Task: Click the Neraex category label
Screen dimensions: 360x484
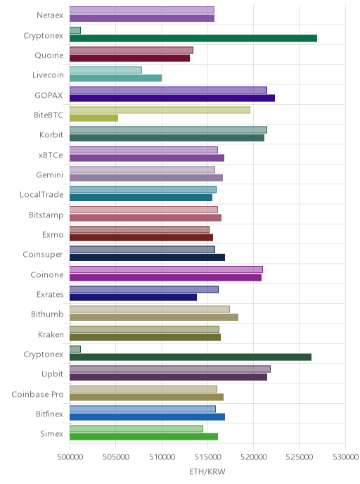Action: [50, 15]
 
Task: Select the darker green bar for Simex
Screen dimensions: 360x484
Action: [143, 436]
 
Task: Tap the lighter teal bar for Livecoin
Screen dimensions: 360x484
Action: [105, 70]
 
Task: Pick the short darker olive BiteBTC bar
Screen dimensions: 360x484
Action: [94, 118]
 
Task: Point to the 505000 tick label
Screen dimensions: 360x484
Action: [116, 457]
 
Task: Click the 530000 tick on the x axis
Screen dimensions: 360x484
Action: [345, 457]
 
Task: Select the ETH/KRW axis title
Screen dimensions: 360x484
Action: [207, 471]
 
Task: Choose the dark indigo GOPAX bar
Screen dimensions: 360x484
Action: [172, 98]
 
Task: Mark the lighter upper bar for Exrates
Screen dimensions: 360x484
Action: [144, 290]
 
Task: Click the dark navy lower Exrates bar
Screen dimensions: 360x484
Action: [134, 298]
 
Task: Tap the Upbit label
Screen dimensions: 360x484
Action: [53, 374]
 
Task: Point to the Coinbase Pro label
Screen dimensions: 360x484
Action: [38, 394]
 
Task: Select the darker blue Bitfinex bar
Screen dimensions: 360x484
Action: [147, 417]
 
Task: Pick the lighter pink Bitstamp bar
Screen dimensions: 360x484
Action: [143, 210]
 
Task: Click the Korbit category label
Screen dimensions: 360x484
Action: [51, 135]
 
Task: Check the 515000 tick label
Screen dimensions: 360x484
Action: [207, 457]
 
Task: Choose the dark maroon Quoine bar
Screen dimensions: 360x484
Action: [129, 58]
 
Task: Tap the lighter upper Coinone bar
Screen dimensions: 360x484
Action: [166, 269]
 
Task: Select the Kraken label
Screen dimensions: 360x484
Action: [51, 334]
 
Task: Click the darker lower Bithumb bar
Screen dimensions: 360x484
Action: [154, 317]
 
